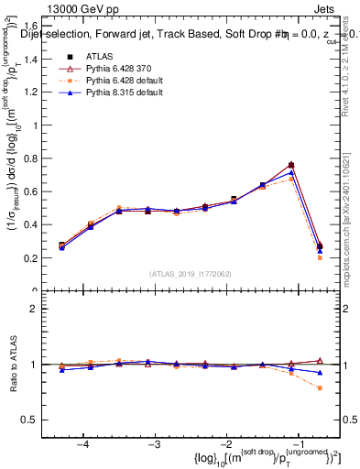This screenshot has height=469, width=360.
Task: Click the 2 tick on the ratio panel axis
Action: pyautogui.click(x=38, y=309)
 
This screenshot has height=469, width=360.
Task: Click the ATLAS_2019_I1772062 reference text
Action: pyautogui.click(x=191, y=274)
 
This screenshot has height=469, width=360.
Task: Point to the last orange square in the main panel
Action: pyautogui.click(x=320, y=257)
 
